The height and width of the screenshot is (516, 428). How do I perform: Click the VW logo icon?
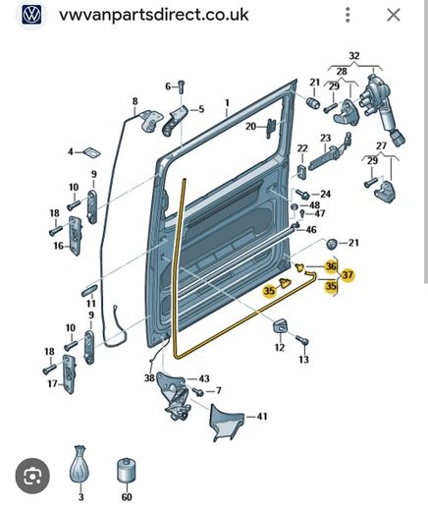31,15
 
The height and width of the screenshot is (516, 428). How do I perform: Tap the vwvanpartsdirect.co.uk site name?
153,15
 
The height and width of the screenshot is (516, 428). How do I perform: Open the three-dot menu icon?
348,15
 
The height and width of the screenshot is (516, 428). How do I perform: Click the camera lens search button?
32,476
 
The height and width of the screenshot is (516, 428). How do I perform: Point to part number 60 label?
127,497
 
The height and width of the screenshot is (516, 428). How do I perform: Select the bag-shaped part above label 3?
80,464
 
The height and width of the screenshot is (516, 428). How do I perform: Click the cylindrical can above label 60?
127,470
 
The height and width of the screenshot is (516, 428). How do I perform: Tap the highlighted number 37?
348,275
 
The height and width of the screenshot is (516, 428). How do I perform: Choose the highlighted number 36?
331,266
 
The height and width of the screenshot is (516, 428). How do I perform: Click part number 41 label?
262,417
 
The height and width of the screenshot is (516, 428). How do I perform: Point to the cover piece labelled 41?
227,423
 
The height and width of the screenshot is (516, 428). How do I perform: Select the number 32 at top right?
354,56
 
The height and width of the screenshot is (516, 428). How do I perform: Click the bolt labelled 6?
182,86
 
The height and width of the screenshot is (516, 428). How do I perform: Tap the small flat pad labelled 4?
92,152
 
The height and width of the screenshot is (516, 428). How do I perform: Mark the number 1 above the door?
227,102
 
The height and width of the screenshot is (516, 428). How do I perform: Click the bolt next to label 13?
302,340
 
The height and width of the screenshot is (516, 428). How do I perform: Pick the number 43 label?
204,378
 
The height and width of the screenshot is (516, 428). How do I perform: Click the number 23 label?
326,138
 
